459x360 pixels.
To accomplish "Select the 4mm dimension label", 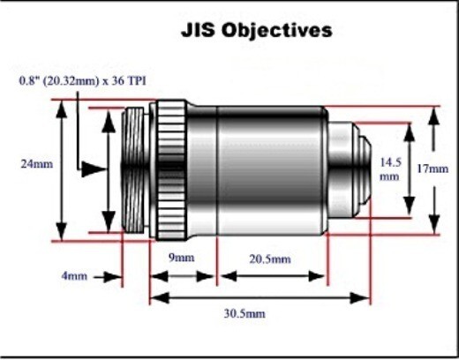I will [x=74, y=276].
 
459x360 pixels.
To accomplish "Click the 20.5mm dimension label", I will [x=269, y=259].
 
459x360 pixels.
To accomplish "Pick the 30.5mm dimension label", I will [x=246, y=313].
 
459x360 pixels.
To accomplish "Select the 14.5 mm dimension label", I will [x=389, y=169].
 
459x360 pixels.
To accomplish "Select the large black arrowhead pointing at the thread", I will [x=91, y=168].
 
